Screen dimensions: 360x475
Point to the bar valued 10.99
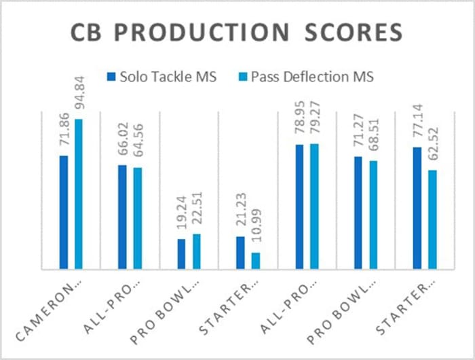click(x=255, y=261)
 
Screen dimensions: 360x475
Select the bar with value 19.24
click(x=181, y=254)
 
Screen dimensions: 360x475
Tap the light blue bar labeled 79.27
click(x=314, y=206)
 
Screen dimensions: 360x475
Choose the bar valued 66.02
click(x=122, y=217)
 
